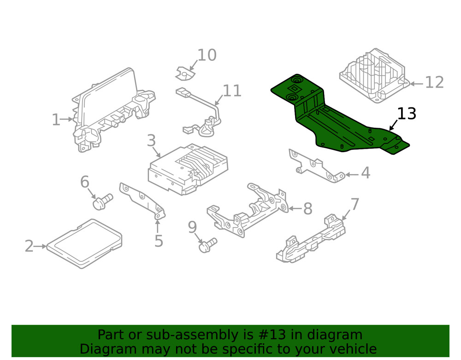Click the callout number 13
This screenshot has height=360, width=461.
(x=407, y=113)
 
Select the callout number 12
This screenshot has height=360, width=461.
(x=434, y=83)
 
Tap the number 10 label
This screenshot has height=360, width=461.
(x=207, y=55)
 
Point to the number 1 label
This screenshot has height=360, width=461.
(x=56, y=120)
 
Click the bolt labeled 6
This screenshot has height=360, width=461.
(x=102, y=201)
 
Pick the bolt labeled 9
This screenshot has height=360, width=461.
(x=207, y=245)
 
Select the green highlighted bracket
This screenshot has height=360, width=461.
(x=337, y=120)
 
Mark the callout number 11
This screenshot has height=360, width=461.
(x=232, y=91)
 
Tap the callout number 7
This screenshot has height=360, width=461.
(x=355, y=203)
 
